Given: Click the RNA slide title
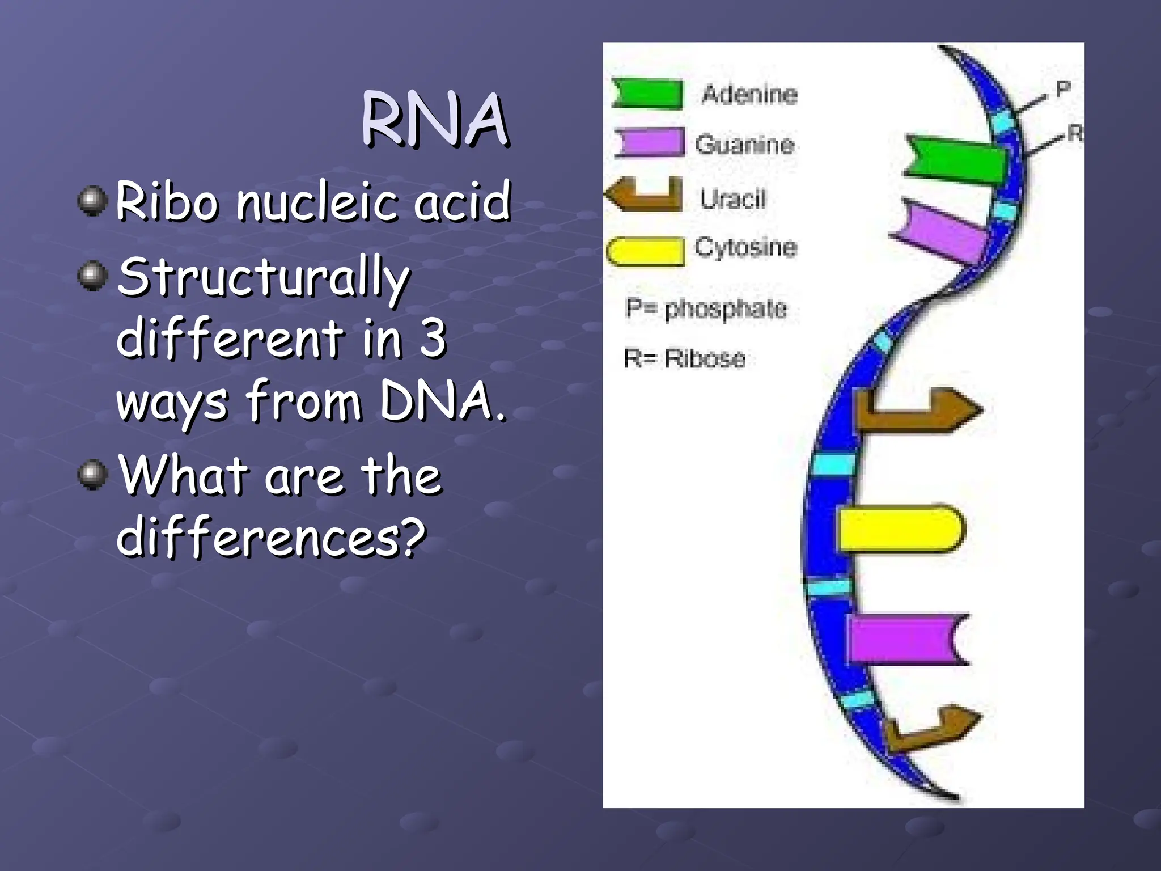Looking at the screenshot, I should (435, 120).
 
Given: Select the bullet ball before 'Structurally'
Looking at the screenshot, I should (92, 276).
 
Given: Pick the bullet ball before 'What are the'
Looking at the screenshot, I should (92, 474).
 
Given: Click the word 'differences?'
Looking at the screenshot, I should (271, 537).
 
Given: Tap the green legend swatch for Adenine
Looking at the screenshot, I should (648, 94).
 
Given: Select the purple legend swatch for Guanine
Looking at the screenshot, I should (650, 142).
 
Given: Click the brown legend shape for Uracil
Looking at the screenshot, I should (646, 195).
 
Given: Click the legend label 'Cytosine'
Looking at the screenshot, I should (745, 247).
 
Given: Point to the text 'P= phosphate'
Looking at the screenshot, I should (706, 308).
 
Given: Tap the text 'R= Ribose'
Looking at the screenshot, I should (684, 358).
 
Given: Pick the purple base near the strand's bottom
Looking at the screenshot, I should (907, 639).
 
